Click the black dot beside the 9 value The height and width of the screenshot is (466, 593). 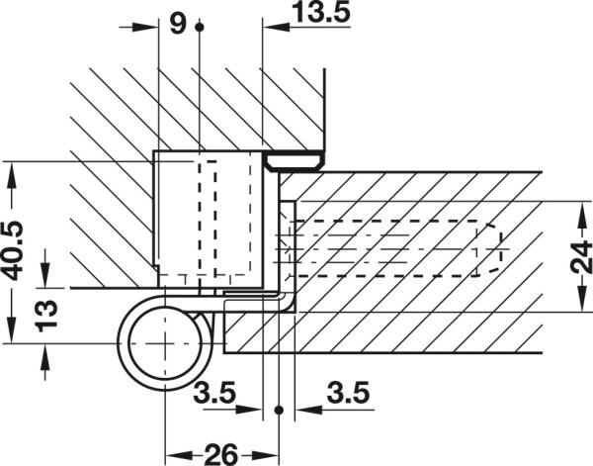[x=200, y=27]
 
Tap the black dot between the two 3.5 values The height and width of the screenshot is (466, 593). [x=279, y=408]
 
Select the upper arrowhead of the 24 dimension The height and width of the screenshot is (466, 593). [x=576, y=207]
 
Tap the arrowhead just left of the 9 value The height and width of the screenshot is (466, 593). [x=150, y=27]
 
